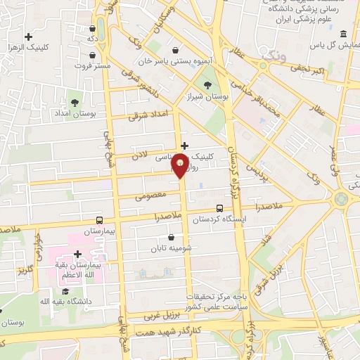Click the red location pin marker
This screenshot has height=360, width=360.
[181, 165]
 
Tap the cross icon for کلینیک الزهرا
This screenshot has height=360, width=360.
[29, 37]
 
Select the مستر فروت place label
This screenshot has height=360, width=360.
[94, 65]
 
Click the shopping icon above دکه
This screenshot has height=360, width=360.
[93, 29]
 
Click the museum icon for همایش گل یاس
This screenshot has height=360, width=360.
[342, 34]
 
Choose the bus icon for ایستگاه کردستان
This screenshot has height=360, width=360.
[220, 208]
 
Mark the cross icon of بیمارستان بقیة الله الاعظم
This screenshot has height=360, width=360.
[78, 255]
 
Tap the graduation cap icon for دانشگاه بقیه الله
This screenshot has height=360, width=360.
[65, 292]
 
